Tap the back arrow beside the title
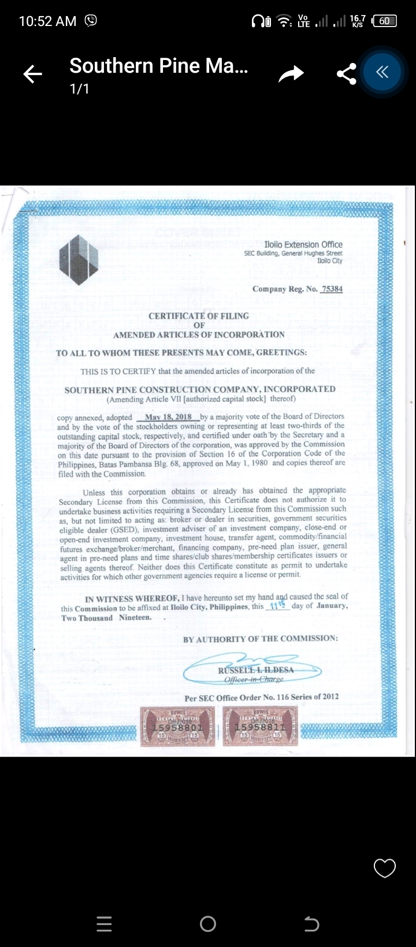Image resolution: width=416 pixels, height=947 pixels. [x=33, y=74]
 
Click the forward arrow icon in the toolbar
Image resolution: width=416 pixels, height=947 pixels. [x=291, y=74]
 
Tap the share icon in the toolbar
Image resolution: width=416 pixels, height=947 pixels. [x=346, y=74]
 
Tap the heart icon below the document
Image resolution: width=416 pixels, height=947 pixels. [x=385, y=868]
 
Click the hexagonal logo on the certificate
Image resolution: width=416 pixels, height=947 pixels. [x=79, y=260]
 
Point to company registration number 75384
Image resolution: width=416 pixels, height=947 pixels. [x=332, y=289]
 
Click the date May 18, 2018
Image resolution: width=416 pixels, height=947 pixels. [x=168, y=417]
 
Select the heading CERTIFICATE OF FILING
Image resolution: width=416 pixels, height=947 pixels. [x=199, y=316]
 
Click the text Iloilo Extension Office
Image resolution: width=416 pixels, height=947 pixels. [x=303, y=245]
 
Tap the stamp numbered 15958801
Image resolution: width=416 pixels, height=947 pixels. [x=177, y=726]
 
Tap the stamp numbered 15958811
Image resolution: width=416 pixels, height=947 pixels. [x=260, y=726]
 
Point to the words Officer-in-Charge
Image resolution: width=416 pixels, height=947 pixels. [x=254, y=679]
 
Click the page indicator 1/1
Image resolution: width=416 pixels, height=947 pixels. [x=80, y=89]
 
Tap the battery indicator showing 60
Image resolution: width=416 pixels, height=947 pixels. [x=385, y=21]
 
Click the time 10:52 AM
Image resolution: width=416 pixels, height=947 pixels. [x=47, y=21]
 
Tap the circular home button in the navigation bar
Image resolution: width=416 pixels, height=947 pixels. [x=208, y=924]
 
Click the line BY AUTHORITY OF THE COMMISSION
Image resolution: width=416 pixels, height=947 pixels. [x=261, y=639]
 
